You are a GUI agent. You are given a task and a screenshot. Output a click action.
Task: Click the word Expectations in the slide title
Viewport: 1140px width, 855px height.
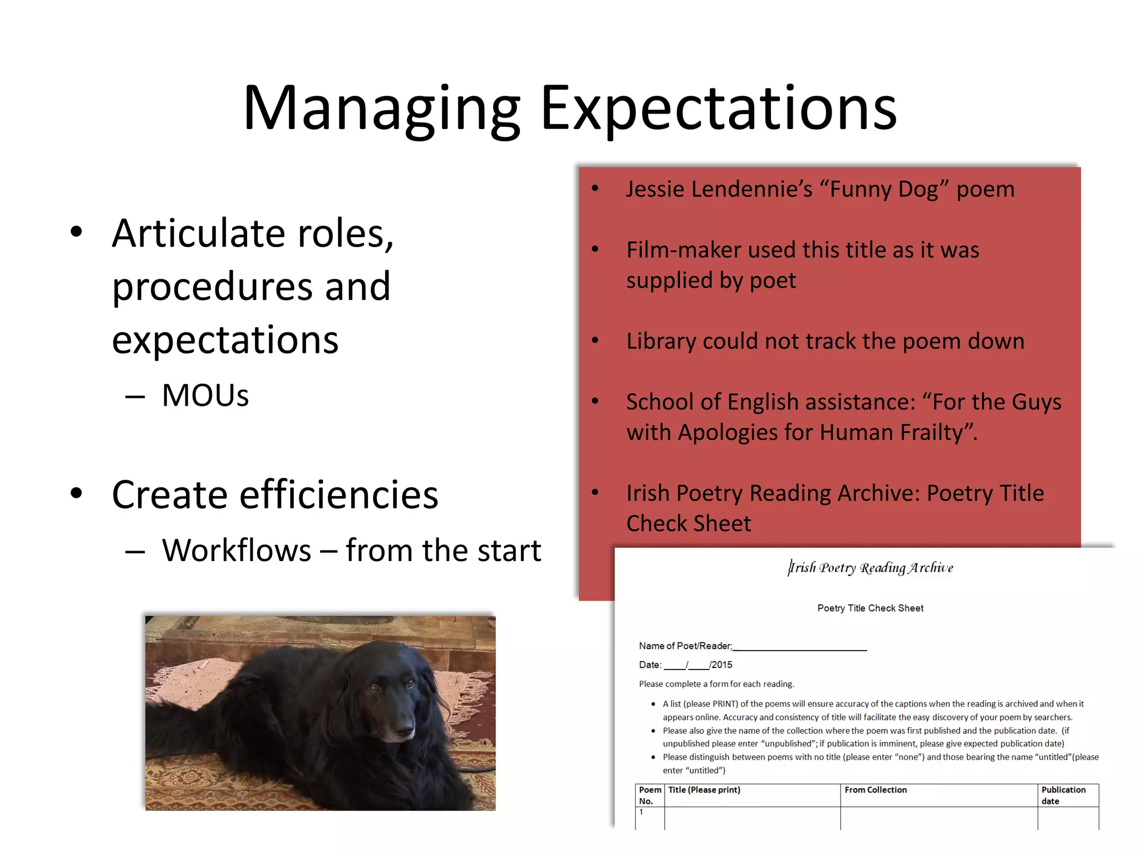[718, 109]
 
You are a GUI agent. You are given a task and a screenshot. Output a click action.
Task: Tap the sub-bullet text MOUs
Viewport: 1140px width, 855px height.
[205, 396]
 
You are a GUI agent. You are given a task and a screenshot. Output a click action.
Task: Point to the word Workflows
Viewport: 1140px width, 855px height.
[237, 551]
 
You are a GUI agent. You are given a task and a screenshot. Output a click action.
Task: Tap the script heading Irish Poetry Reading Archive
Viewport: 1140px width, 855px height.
[871, 568]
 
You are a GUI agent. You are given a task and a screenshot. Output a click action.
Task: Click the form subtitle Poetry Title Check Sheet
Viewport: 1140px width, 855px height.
[870, 608]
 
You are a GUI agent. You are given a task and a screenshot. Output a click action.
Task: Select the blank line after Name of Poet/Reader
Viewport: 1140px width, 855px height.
[800, 647]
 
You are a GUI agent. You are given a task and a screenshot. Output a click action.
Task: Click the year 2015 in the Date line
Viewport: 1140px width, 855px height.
[722, 665]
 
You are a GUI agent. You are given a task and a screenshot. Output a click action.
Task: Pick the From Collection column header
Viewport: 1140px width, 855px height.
[876, 790]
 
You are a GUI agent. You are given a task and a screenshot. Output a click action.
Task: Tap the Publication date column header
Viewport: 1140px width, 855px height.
[1063, 795]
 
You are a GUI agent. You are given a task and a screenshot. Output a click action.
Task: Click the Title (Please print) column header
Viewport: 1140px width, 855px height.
[704, 790]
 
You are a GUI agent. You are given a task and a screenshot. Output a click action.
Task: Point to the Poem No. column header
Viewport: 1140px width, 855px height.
[650, 795]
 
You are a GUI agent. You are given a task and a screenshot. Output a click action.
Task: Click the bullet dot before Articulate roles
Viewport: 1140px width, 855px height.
[76, 232]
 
